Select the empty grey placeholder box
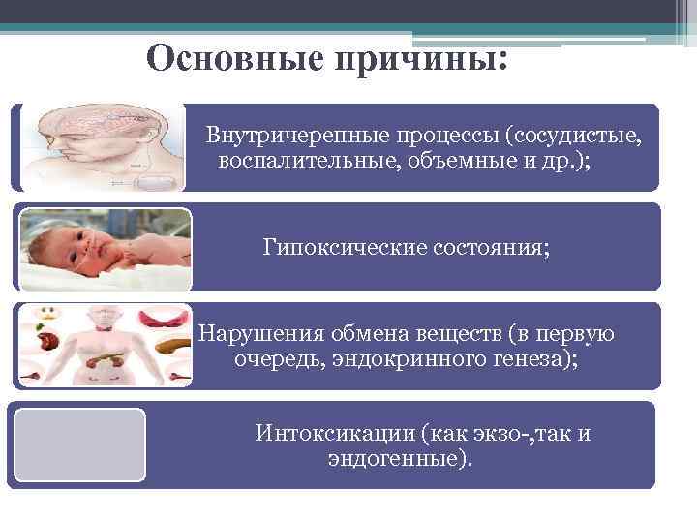[77, 445]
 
